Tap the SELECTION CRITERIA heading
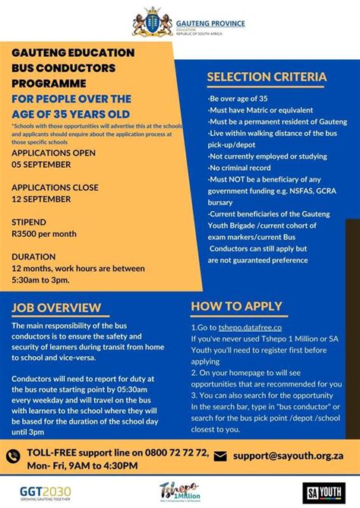click(x=267, y=77)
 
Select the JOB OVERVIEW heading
click(x=56, y=308)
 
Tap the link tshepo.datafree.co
click(x=247, y=327)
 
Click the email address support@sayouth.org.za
click(x=289, y=456)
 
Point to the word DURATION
click(x=33, y=257)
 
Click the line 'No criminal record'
click(x=243, y=168)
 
